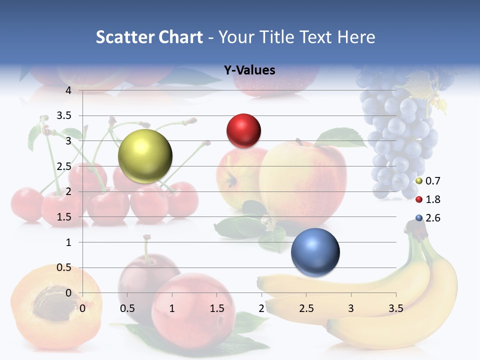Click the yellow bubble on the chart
point(145,156)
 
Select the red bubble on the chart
point(243,130)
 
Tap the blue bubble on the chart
point(315,252)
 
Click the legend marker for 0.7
point(419,181)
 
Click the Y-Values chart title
point(249,70)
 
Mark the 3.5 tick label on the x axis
point(395,308)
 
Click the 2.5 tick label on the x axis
point(306,308)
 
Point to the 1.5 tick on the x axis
point(216,308)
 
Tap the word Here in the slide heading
point(356,37)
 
